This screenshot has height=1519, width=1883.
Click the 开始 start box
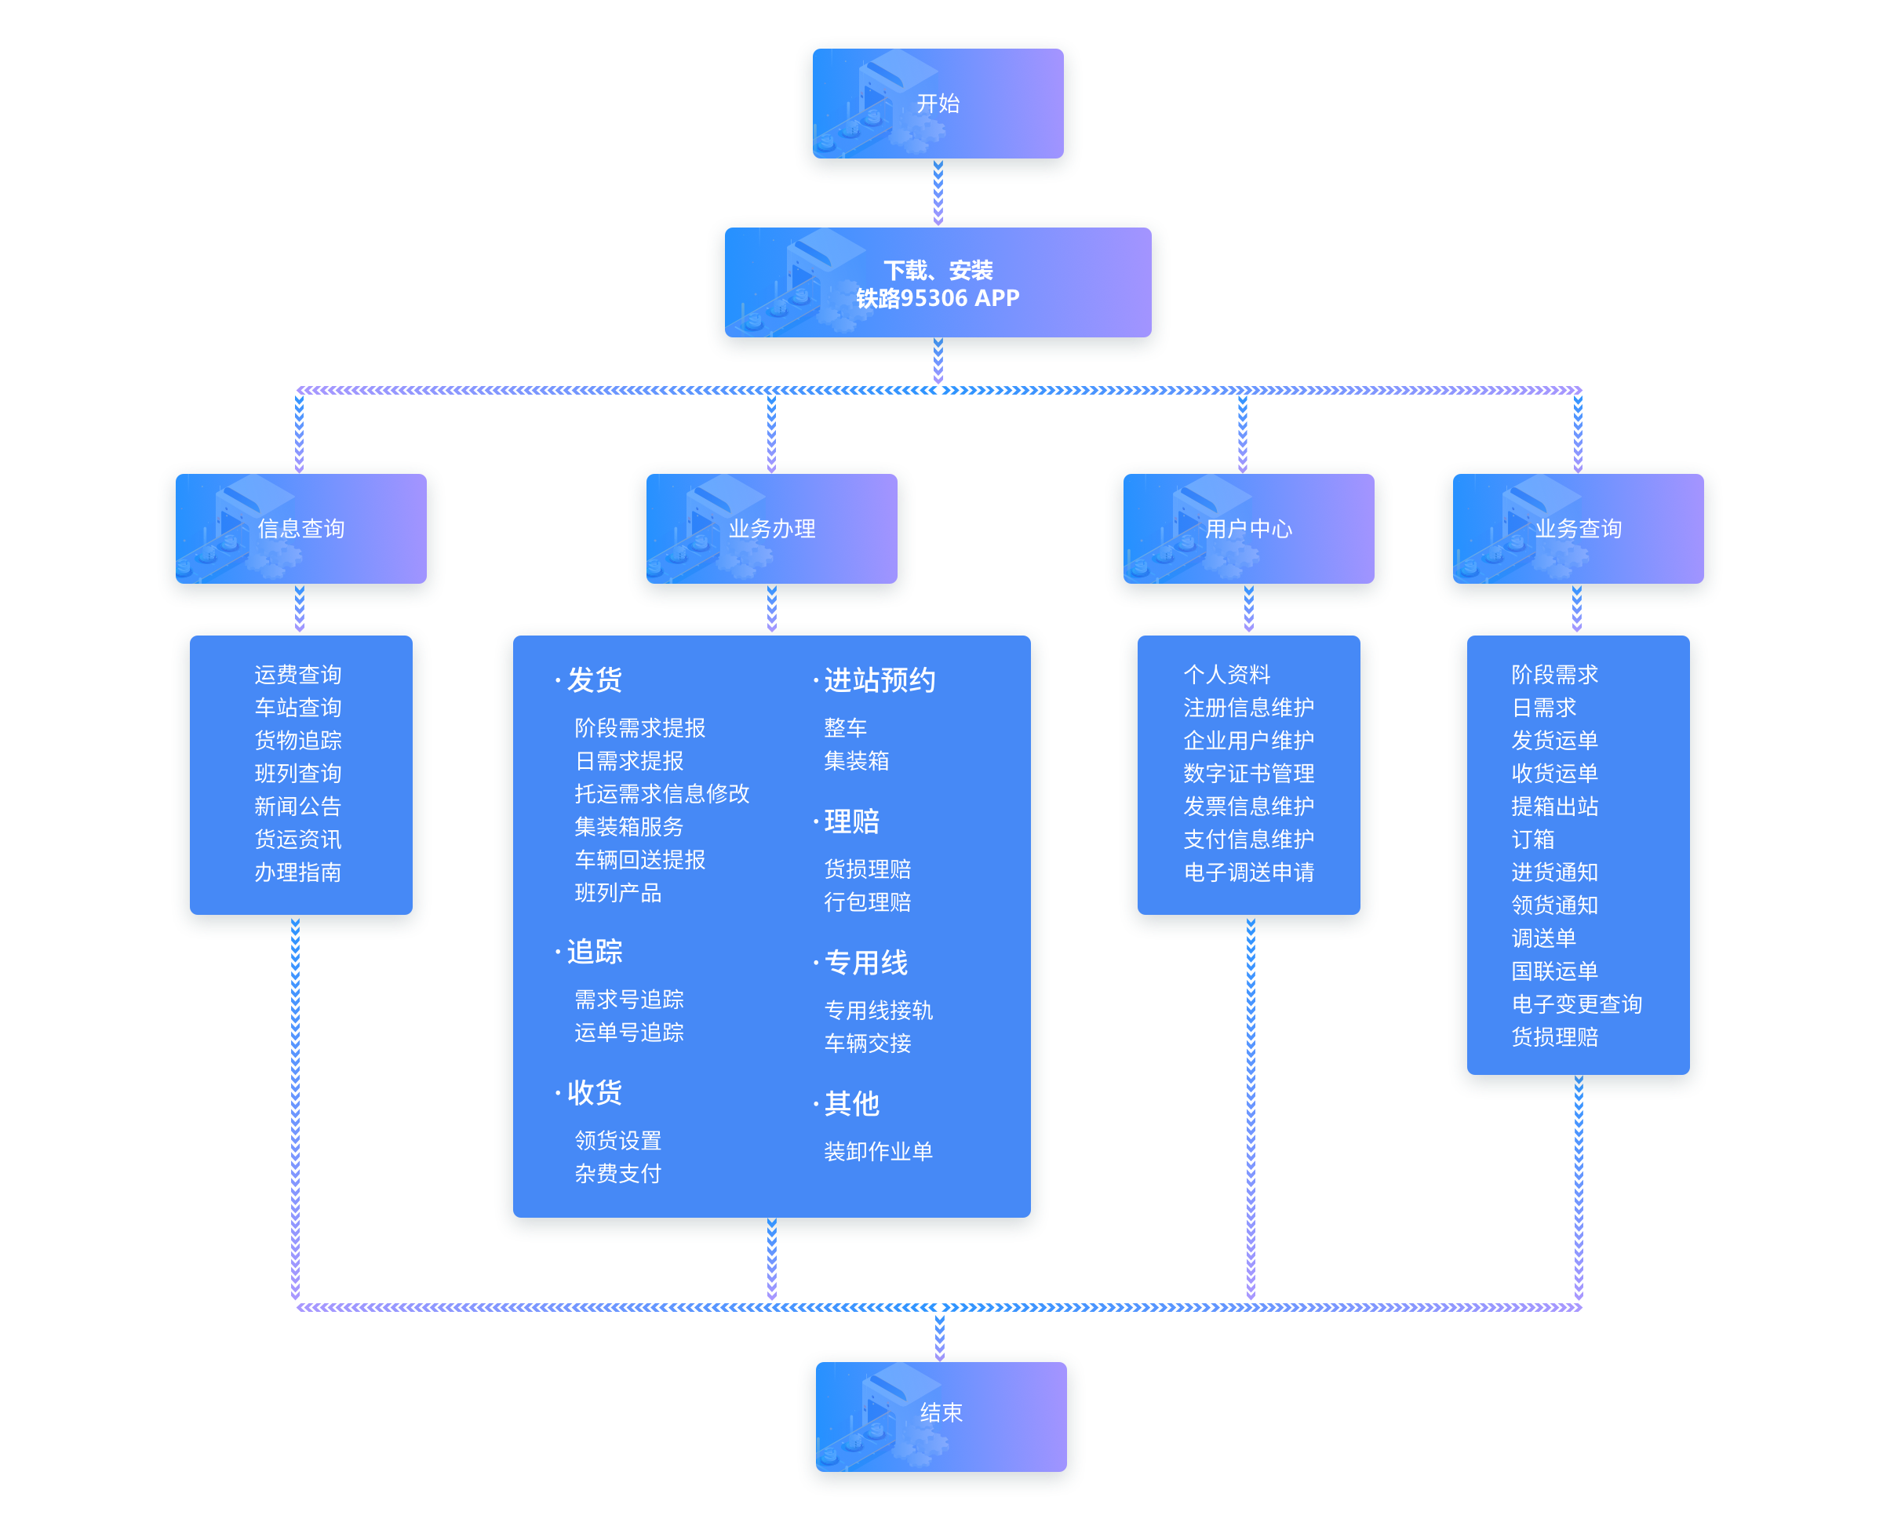click(938, 104)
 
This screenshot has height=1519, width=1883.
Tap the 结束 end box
click(941, 1413)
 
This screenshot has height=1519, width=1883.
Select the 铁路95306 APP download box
click(938, 283)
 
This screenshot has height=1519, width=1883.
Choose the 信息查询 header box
click(301, 529)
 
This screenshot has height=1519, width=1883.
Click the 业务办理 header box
click(772, 529)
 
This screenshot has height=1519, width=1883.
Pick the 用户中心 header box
click(1248, 529)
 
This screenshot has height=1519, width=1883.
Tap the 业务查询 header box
click(1579, 529)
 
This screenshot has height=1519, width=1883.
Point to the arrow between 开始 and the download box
click(939, 195)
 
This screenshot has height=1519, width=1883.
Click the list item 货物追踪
click(297, 740)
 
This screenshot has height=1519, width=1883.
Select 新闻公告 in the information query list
click(297, 806)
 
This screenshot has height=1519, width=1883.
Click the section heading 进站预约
click(880, 680)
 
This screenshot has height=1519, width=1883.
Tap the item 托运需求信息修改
click(661, 793)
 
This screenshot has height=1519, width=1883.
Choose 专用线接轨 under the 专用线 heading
click(879, 1011)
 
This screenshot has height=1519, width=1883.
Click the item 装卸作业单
click(879, 1152)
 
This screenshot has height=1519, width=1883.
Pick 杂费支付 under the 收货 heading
click(617, 1173)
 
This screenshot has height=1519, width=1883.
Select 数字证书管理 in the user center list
click(1248, 774)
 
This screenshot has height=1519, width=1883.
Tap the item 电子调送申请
click(1248, 872)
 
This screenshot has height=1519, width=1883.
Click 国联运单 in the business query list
click(1555, 971)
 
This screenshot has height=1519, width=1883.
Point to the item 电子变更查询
click(1577, 1004)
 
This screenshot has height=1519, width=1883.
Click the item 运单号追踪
click(629, 1033)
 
